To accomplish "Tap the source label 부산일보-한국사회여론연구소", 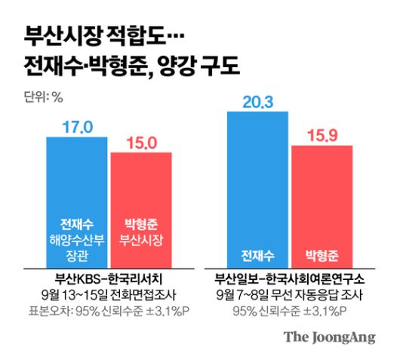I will (x=289, y=277).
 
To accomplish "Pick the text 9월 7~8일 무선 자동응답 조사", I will (x=289, y=293).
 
